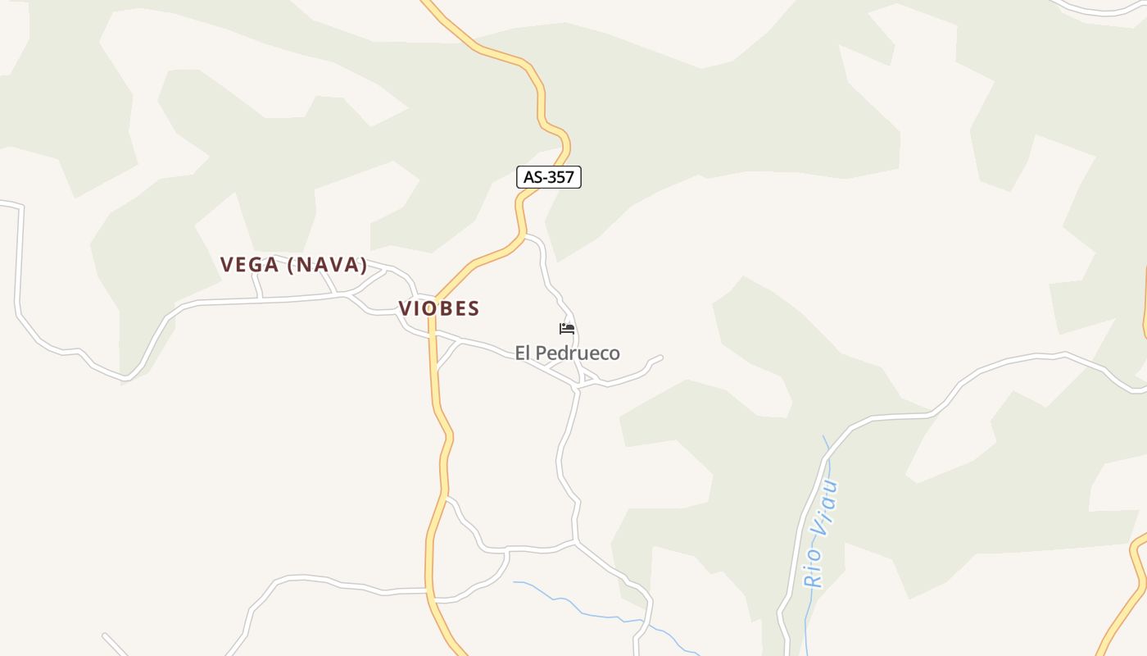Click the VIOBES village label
439,308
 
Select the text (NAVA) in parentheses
327,265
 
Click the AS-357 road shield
549,177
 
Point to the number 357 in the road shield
560,177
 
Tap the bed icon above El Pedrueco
567,329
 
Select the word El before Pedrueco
523,353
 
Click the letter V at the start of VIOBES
405,308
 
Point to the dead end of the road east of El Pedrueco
660,358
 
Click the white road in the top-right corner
1098,10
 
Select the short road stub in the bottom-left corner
115,645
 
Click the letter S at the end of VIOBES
474,308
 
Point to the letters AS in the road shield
533,177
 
